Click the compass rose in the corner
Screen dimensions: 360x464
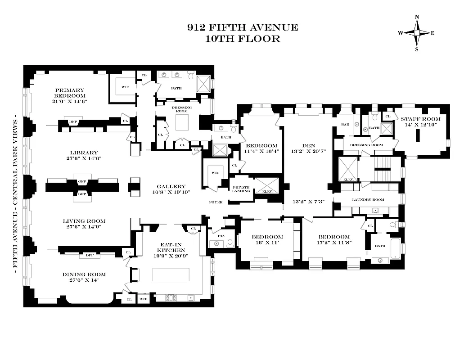click(x=416, y=33)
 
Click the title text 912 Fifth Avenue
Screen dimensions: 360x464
click(x=243, y=27)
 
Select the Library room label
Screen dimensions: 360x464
click(x=81, y=153)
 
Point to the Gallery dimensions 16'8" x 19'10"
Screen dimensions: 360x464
click(x=171, y=193)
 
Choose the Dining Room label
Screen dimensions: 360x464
click(x=84, y=274)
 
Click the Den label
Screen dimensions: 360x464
click(x=309, y=145)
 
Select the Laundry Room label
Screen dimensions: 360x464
click(x=368, y=199)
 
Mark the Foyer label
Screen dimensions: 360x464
click(x=216, y=202)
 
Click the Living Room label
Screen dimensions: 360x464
click(x=84, y=221)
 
